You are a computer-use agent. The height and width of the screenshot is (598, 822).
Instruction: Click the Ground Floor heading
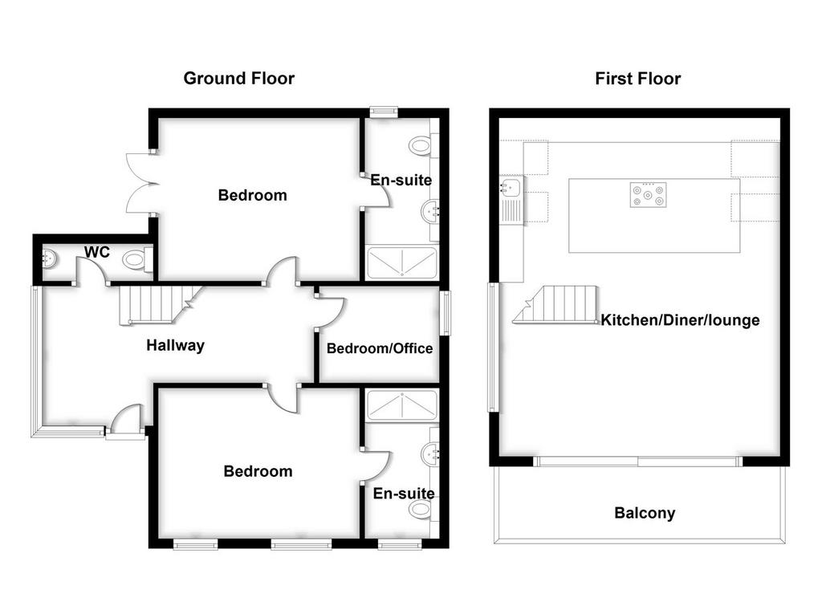[239, 79]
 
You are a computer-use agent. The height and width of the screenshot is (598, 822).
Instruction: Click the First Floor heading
[638, 79]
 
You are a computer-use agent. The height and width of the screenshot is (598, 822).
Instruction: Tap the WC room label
[97, 252]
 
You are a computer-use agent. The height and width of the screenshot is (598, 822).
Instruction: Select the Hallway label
[175, 345]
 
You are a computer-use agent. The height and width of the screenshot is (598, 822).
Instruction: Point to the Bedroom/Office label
[380, 348]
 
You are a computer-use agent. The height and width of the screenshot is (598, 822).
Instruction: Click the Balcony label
[645, 513]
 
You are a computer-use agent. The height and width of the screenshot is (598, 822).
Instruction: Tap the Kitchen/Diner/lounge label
[680, 319]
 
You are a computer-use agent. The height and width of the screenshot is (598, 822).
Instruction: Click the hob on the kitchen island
[649, 195]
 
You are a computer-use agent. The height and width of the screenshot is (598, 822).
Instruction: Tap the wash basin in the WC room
[49, 258]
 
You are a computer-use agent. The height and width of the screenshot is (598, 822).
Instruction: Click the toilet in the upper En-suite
[423, 145]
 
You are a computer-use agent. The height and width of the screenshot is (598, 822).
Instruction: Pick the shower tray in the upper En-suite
[401, 262]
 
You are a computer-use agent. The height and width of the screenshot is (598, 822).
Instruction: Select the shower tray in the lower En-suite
[401, 405]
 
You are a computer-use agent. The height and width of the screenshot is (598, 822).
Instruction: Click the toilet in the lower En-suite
[424, 508]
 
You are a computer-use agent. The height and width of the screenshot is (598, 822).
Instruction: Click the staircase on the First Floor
[556, 304]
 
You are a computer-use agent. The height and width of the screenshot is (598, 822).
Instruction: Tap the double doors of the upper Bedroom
[142, 183]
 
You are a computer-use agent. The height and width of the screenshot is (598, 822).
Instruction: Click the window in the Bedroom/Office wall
[445, 313]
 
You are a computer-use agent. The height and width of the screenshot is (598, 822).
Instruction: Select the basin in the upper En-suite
[431, 213]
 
